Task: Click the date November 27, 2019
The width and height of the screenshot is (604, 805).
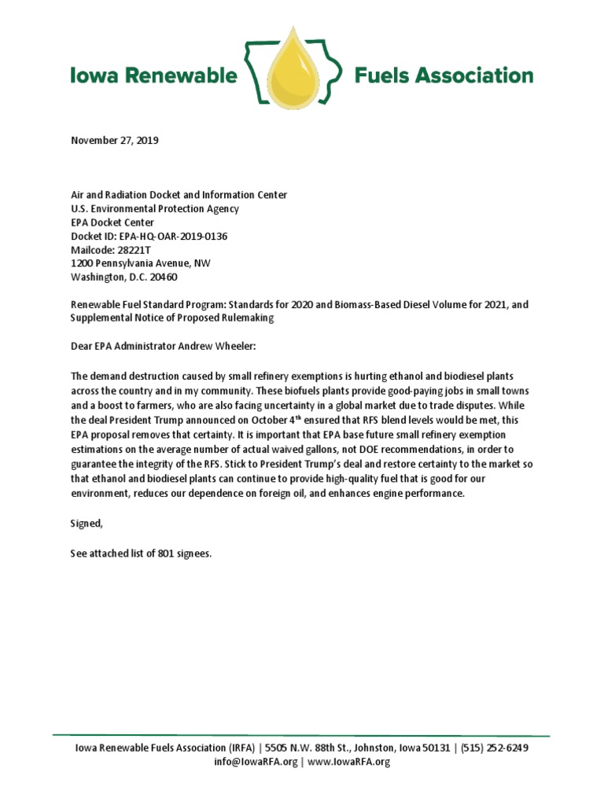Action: [x=115, y=141]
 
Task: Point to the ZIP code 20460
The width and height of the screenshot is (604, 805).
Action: [x=170, y=277]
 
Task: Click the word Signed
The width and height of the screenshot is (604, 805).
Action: [x=87, y=522]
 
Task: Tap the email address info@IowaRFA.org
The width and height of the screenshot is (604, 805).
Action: [x=256, y=761]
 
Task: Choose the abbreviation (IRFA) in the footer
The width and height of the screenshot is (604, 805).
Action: [x=241, y=748]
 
